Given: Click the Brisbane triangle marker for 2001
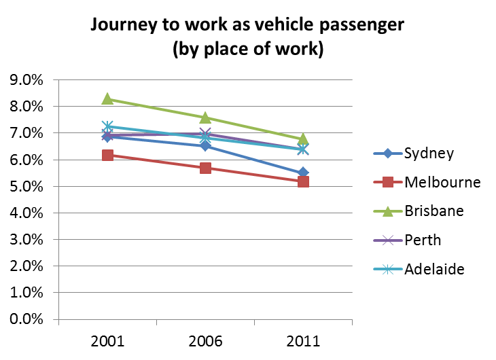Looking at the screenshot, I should [107, 98].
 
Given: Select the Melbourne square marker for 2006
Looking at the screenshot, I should [205, 168].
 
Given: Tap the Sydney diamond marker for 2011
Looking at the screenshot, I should [303, 173].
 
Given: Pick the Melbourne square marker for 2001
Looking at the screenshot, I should [107, 155].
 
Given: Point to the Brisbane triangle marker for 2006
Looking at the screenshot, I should [205, 118].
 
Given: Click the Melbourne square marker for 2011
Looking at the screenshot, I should [303, 181].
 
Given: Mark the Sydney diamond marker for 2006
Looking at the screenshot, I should [205, 145].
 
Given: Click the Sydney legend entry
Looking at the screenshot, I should [429, 153].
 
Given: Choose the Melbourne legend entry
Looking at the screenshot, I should [442, 182].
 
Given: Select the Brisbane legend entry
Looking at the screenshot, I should [434, 211].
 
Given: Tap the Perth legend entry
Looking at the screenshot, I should [422, 240].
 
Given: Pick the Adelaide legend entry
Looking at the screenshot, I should [434, 269].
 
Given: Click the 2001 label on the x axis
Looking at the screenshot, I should [107, 339].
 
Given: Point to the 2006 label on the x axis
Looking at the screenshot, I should [205, 339].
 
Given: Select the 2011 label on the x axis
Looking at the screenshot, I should [303, 339].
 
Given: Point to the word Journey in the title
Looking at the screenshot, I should [126, 26].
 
